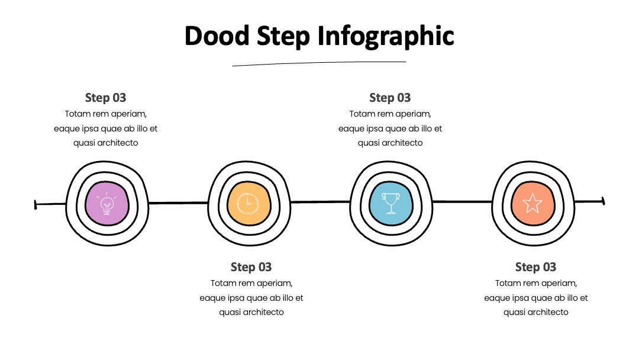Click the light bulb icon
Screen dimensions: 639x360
click(x=106, y=203)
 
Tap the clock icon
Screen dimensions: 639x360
click(x=248, y=203)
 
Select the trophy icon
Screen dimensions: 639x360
click(x=390, y=203)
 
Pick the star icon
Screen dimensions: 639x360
click(x=532, y=203)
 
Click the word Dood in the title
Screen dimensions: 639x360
click(x=217, y=36)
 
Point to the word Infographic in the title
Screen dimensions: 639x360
click(x=386, y=37)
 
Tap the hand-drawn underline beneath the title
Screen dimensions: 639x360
click(x=319, y=63)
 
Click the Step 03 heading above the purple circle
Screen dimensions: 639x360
click(x=105, y=98)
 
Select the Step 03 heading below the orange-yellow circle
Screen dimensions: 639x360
click(x=251, y=267)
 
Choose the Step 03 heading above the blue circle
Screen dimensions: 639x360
click(x=390, y=98)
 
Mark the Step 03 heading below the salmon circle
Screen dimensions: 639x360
click(x=535, y=267)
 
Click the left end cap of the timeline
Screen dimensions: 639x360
click(x=35, y=205)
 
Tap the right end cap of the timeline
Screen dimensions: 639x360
click(x=603, y=201)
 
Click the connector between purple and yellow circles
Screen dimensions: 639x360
click(x=178, y=202)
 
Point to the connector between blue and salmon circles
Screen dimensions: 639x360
click(x=462, y=201)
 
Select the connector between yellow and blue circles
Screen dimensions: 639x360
click(x=320, y=202)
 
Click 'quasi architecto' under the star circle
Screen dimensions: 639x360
click(x=535, y=312)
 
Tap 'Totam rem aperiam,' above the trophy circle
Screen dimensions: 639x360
click(x=390, y=114)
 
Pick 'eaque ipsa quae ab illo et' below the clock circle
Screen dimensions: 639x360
click(x=251, y=298)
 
